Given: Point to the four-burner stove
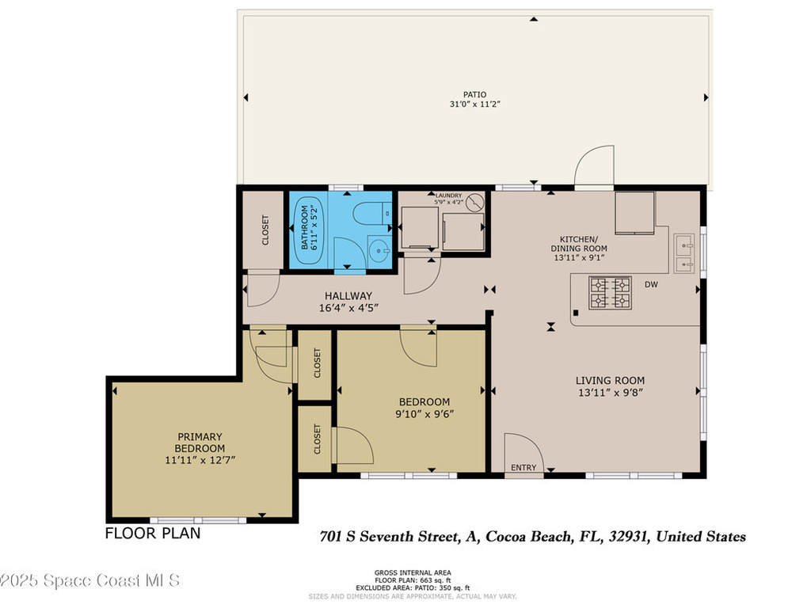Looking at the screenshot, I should coord(609,292).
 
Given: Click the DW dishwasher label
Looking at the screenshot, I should coord(651,284).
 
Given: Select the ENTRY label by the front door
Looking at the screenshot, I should coord(523,468).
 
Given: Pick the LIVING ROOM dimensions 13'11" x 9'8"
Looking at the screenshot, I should coord(610,393).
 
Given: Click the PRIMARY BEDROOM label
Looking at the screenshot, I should coord(200,442).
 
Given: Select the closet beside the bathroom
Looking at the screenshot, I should coord(265,230).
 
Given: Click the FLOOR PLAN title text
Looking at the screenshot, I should coord(153,534).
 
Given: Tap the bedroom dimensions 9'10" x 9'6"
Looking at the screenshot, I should coord(424,413).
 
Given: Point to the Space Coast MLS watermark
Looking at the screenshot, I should coord(90,580).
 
